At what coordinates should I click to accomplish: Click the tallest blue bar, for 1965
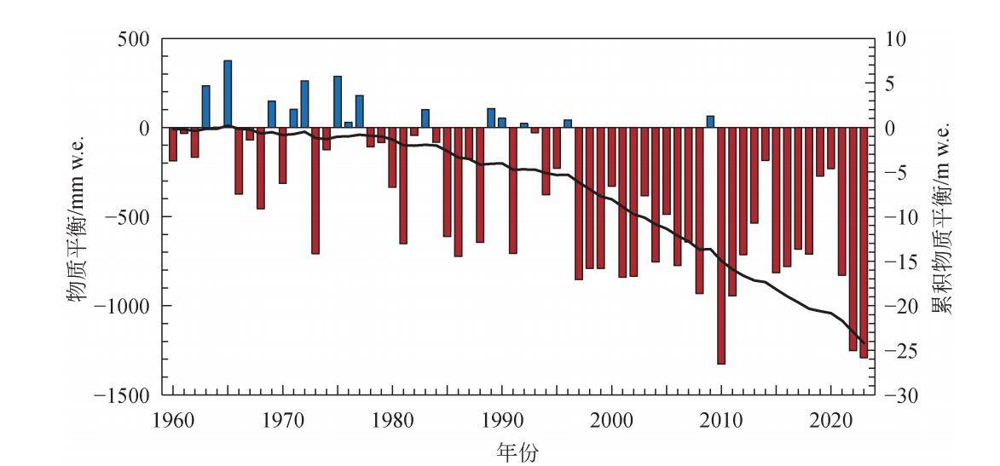coord(228,94)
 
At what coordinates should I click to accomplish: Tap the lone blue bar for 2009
coord(710,122)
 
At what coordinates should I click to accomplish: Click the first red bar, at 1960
coord(173,144)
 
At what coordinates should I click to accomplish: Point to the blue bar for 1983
coord(425,118)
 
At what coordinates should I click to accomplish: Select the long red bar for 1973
coord(315,191)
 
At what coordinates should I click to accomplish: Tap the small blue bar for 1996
coord(568,124)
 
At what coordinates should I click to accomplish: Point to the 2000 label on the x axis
coord(611,420)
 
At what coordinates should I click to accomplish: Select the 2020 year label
coord(831,420)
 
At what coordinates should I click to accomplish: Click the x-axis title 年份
coord(517,449)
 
